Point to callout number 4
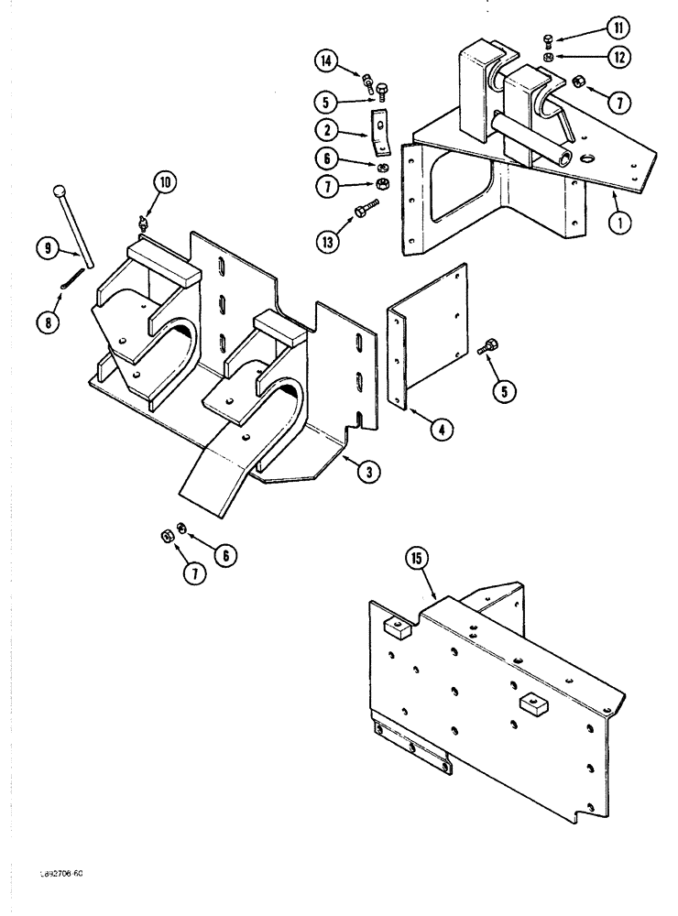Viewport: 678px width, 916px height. click(x=442, y=428)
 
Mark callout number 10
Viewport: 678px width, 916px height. click(x=164, y=182)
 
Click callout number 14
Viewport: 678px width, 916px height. click(x=326, y=61)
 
